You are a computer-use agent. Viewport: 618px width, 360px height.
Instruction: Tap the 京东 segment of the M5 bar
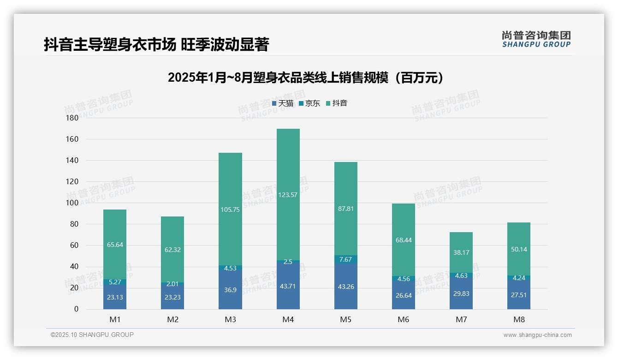345,259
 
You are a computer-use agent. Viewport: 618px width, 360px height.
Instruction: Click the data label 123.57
288,195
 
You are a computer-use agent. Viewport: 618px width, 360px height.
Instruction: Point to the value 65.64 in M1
115,245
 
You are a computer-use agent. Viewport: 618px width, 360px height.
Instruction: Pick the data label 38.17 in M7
461,252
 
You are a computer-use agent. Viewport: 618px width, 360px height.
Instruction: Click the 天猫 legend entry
283,103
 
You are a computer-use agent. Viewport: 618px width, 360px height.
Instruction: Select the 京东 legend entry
309,103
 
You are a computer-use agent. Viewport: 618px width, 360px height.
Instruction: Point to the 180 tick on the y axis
73,118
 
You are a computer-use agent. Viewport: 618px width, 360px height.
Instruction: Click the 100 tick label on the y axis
73,203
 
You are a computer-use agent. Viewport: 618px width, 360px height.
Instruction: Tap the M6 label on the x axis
403,319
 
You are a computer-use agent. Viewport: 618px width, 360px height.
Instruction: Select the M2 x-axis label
172,319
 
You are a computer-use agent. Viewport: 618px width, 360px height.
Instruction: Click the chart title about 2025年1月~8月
305,77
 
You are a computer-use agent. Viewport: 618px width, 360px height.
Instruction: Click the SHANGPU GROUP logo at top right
536,39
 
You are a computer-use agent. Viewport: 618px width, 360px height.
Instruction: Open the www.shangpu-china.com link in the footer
537,335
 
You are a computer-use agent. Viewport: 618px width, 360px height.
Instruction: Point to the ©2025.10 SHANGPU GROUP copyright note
92,335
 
